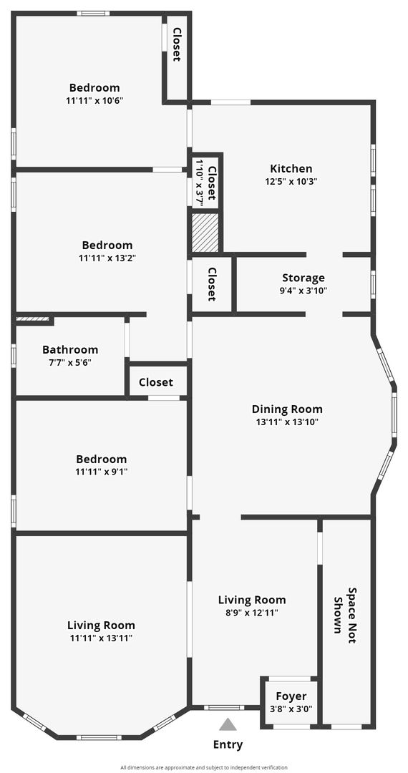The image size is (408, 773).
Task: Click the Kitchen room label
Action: click(x=291, y=169)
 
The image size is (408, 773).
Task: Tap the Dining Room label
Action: click(x=287, y=409)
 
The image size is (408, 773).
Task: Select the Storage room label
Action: click(x=303, y=278)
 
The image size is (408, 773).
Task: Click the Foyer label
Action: click(x=291, y=696)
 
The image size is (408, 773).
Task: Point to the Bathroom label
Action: click(x=70, y=349)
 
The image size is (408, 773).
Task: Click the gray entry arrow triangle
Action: click(x=228, y=724)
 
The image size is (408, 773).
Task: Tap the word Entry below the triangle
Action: click(x=228, y=744)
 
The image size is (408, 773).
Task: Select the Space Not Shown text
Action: click(x=346, y=616)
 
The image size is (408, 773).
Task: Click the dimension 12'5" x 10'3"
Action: click(x=291, y=181)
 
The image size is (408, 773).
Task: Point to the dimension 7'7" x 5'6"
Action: click(x=70, y=362)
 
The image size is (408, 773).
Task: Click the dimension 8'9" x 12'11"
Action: click(x=252, y=613)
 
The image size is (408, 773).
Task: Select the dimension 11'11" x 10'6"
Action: click(x=94, y=101)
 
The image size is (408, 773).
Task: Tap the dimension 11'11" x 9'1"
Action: click(x=101, y=472)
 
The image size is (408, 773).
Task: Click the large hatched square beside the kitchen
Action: click(x=205, y=232)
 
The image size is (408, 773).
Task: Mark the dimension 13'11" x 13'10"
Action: click(x=287, y=422)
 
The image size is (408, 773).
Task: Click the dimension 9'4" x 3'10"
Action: click(x=303, y=291)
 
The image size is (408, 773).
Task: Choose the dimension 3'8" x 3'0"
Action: click(x=291, y=709)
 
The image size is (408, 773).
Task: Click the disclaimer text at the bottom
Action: click(x=204, y=767)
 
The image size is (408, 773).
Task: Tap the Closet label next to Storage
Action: click(x=213, y=284)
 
